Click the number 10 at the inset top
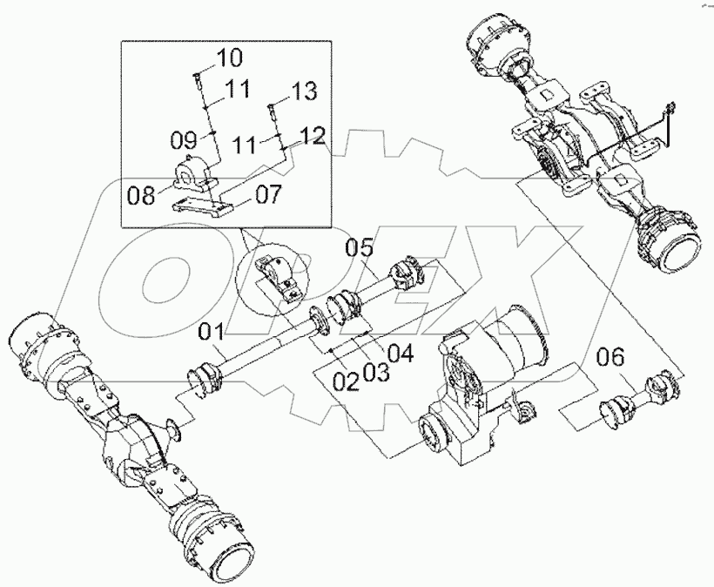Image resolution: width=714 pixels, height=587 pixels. click(230, 58)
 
